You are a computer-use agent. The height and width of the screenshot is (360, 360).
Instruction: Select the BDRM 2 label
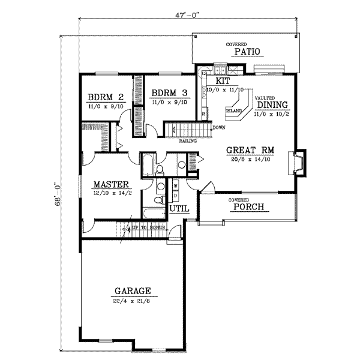(x=104, y=95)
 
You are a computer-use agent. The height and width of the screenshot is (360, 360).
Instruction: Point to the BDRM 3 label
(x=169, y=93)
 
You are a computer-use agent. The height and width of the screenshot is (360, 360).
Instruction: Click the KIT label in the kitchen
(x=223, y=80)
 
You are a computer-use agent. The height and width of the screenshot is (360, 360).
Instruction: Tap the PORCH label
(x=246, y=208)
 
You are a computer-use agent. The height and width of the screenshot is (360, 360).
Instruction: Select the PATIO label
(x=247, y=52)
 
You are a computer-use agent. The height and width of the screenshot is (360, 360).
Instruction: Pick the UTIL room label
(x=180, y=208)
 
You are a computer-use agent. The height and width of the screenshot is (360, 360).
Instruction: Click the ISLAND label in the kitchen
(x=235, y=111)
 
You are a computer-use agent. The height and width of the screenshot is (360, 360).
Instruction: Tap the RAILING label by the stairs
(x=189, y=141)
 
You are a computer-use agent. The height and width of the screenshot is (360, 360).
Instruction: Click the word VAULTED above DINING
(x=265, y=97)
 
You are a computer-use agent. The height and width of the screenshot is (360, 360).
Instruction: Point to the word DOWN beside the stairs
(x=218, y=127)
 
